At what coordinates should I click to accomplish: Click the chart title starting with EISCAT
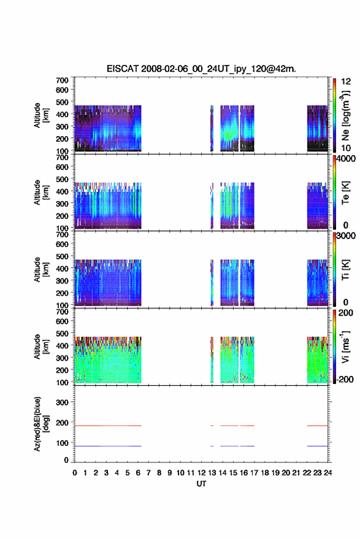click(201, 69)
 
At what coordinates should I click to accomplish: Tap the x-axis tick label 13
click(212, 473)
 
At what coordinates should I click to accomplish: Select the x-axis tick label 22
click(307, 473)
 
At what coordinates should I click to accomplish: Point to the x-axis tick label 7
click(148, 473)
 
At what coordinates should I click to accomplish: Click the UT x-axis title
click(201, 484)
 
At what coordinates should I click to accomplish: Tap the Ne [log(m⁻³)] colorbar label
click(345, 116)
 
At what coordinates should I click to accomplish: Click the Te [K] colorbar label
click(345, 193)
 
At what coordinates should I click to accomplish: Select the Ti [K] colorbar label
click(345, 270)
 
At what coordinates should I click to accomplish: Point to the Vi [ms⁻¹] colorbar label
click(345, 346)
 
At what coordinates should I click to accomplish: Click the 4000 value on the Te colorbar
click(346, 159)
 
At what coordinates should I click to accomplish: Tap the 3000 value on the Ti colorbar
click(346, 236)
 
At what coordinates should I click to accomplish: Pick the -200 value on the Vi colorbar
click(345, 379)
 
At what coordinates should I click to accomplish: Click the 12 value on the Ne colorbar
click(346, 82)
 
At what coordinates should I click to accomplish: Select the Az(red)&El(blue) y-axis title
click(41, 424)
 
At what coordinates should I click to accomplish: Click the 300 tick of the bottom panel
click(62, 402)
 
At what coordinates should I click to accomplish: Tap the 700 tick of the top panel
click(62, 80)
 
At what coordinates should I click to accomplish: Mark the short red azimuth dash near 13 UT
click(212, 426)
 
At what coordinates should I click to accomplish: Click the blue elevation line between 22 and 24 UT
click(317, 446)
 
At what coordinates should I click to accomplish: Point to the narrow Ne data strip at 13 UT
click(212, 128)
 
